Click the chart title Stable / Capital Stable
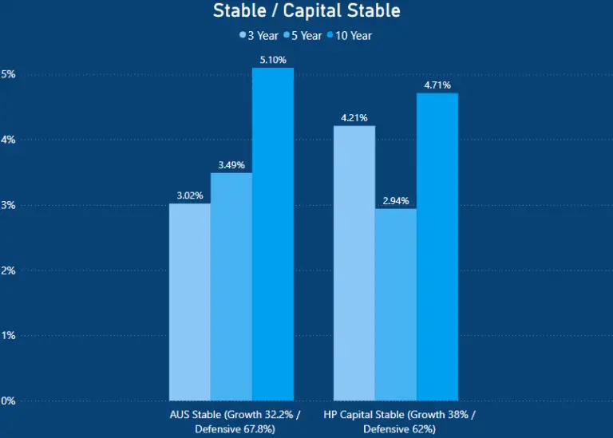(306, 11)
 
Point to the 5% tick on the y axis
(8, 74)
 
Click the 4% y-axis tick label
(8, 140)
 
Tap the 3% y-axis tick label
(8, 205)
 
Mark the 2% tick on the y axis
(8, 270)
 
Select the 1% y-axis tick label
(8, 336)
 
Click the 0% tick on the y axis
(8, 401)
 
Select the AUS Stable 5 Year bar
(231, 286)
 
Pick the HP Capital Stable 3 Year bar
(354, 262)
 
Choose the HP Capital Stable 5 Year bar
(396, 304)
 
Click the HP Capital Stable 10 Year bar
(437, 247)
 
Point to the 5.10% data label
(273, 60)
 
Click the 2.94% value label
(396, 200)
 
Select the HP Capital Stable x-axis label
(399, 422)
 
